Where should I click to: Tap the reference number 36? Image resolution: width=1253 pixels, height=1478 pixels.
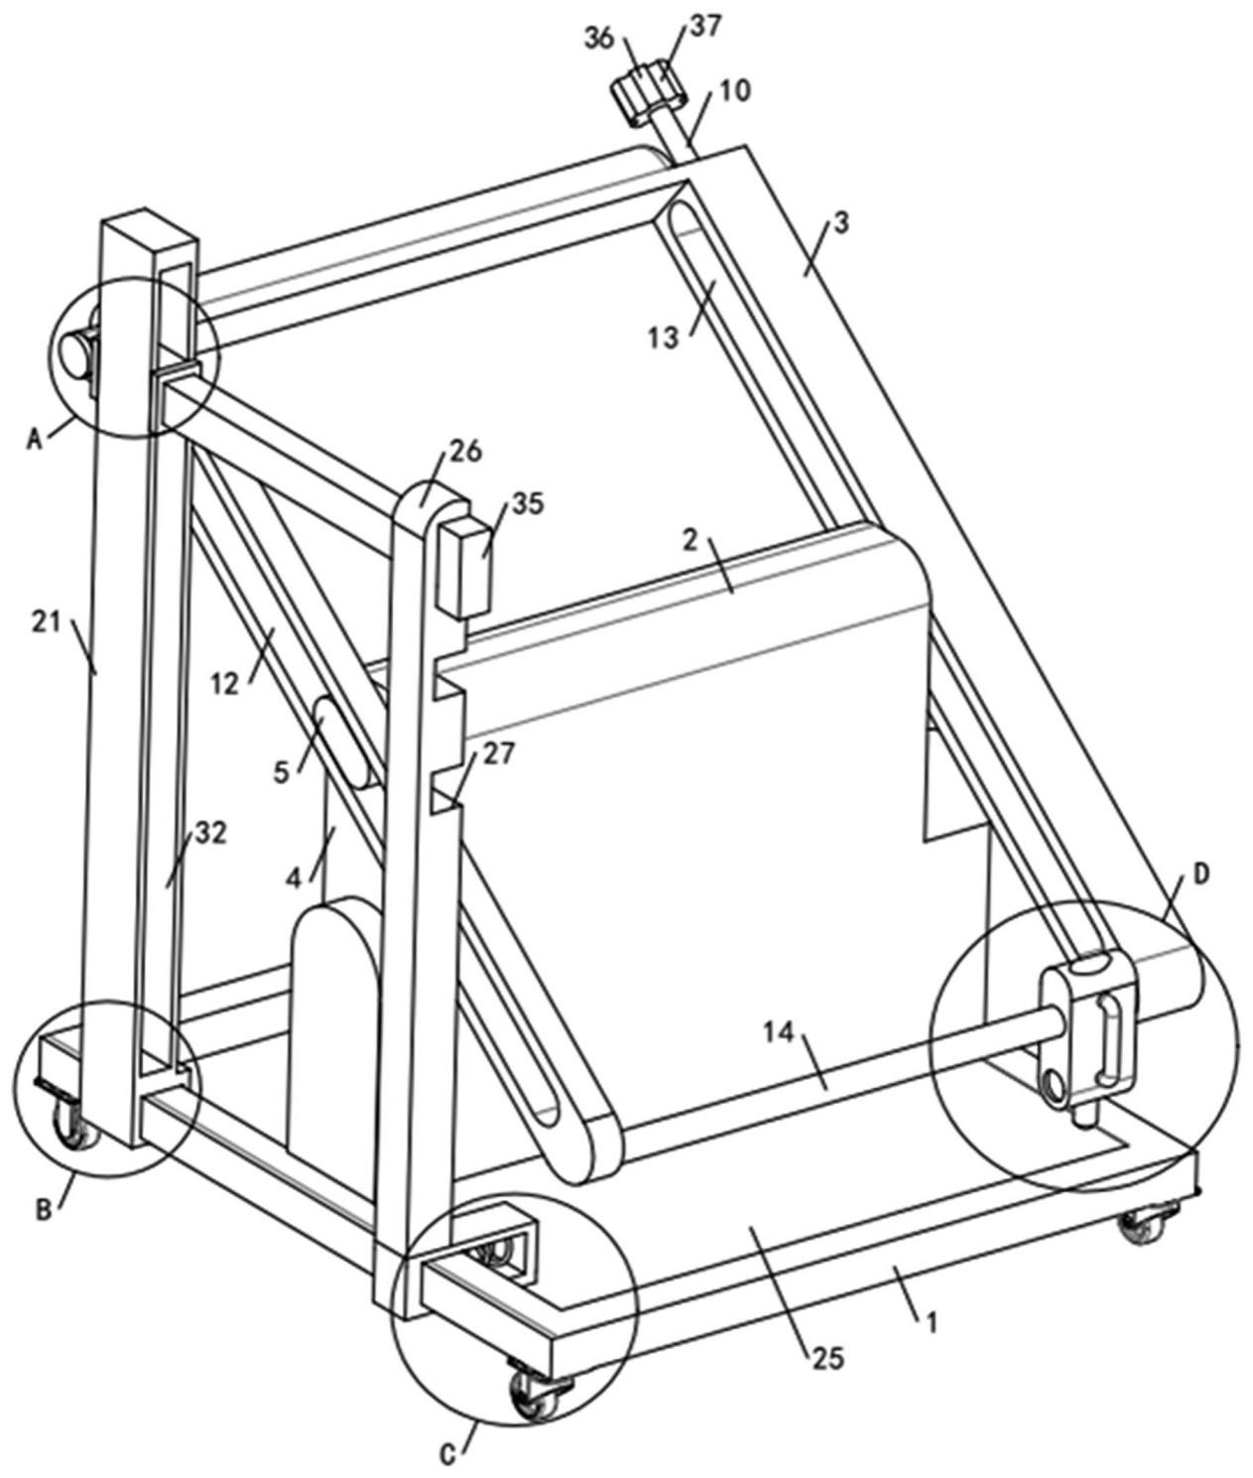click(x=599, y=38)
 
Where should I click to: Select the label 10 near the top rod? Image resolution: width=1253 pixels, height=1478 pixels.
click(x=735, y=91)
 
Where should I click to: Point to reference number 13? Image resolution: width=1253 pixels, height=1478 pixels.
click(x=664, y=337)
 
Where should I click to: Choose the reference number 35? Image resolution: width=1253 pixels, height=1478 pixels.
click(x=529, y=504)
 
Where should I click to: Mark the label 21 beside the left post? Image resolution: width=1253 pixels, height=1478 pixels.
click(x=47, y=622)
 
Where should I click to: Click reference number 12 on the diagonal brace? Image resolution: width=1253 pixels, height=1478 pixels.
click(x=226, y=683)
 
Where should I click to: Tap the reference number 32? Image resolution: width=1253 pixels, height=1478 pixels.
click(x=211, y=833)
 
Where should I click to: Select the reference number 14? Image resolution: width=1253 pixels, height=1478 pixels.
click(x=779, y=1033)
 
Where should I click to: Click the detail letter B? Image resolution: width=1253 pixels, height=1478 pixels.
click(x=44, y=1209)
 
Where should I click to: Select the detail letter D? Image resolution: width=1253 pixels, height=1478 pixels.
click(x=1201, y=873)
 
